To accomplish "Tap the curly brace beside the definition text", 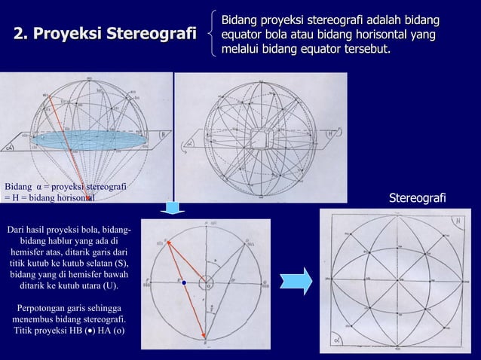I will pos(215,35).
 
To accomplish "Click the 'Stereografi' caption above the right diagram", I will pos(417,197).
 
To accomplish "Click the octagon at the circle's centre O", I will pos(207,283).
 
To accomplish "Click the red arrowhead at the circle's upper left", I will pos(167,243).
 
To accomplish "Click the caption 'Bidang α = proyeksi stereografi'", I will pos(65,186).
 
